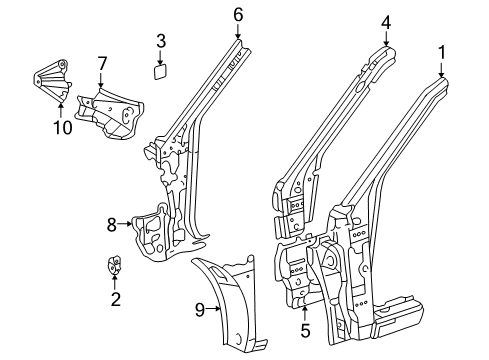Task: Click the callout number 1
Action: click(442, 53)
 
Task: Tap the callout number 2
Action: click(116, 299)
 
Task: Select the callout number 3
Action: click(161, 41)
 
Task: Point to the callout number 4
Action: click(386, 23)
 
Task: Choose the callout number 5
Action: click(305, 331)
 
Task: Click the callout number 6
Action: click(238, 15)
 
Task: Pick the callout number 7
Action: click(102, 64)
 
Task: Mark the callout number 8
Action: click(112, 224)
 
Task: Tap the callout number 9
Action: click(200, 310)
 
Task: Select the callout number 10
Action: click(63, 127)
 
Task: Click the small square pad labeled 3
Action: click(160, 72)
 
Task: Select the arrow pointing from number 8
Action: click(125, 224)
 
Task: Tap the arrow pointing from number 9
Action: click(213, 309)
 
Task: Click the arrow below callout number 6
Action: click(238, 31)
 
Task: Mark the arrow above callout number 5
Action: click(305, 314)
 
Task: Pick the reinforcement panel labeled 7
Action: click(110, 113)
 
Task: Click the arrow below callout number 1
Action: click(442, 70)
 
